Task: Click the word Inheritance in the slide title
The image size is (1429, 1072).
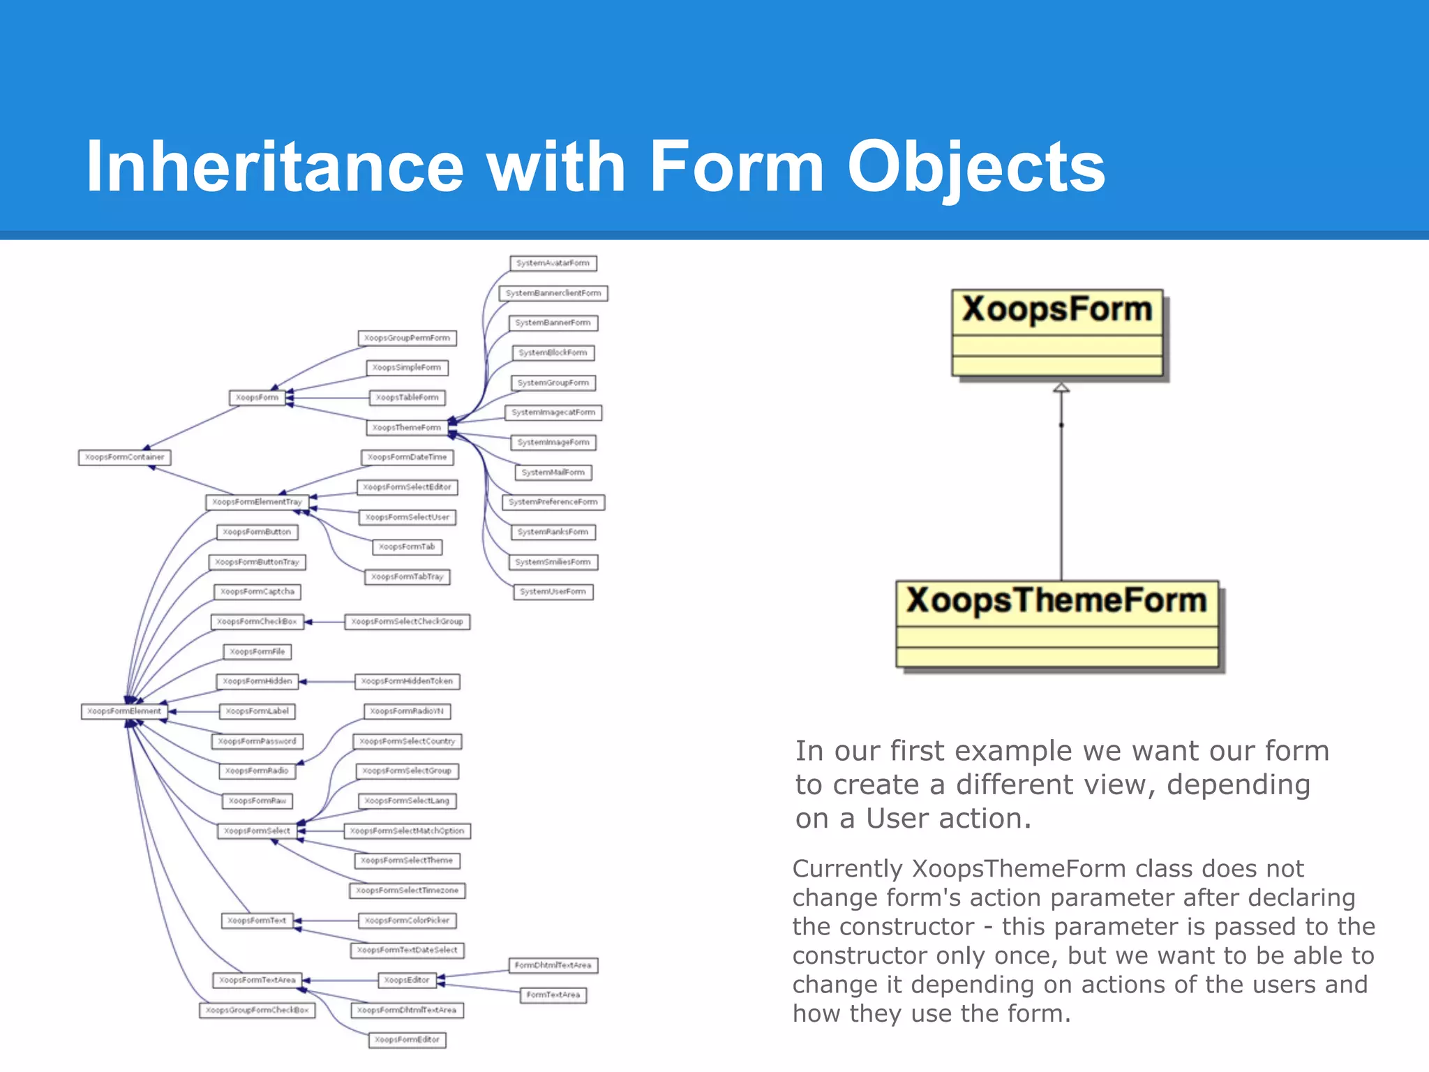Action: [274, 167]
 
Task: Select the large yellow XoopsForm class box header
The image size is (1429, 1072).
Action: [1056, 311]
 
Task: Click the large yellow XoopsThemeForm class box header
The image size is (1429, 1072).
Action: [1056, 602]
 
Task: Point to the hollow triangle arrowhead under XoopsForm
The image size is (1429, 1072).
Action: [1061, 387]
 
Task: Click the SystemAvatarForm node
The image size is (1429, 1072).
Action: [553, 263]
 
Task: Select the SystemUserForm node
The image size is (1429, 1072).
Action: [553, 592]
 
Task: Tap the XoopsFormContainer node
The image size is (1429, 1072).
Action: [124, 457]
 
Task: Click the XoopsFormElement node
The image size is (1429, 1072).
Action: [124, 711]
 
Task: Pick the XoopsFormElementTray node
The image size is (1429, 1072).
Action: [257, 502]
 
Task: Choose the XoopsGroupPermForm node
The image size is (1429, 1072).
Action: [407, 338]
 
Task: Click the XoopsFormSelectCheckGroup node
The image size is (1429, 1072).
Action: [407, 621]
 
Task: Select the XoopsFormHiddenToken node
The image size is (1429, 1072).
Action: [407, 681]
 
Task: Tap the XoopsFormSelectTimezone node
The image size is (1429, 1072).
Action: [407, 891]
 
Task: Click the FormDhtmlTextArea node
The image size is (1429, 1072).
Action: [553, 965]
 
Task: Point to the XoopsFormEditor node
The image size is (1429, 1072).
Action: [407, 1040]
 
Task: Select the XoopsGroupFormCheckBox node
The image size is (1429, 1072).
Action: [257, 1010]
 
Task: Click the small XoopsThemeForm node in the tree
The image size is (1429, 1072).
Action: [407, 427]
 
